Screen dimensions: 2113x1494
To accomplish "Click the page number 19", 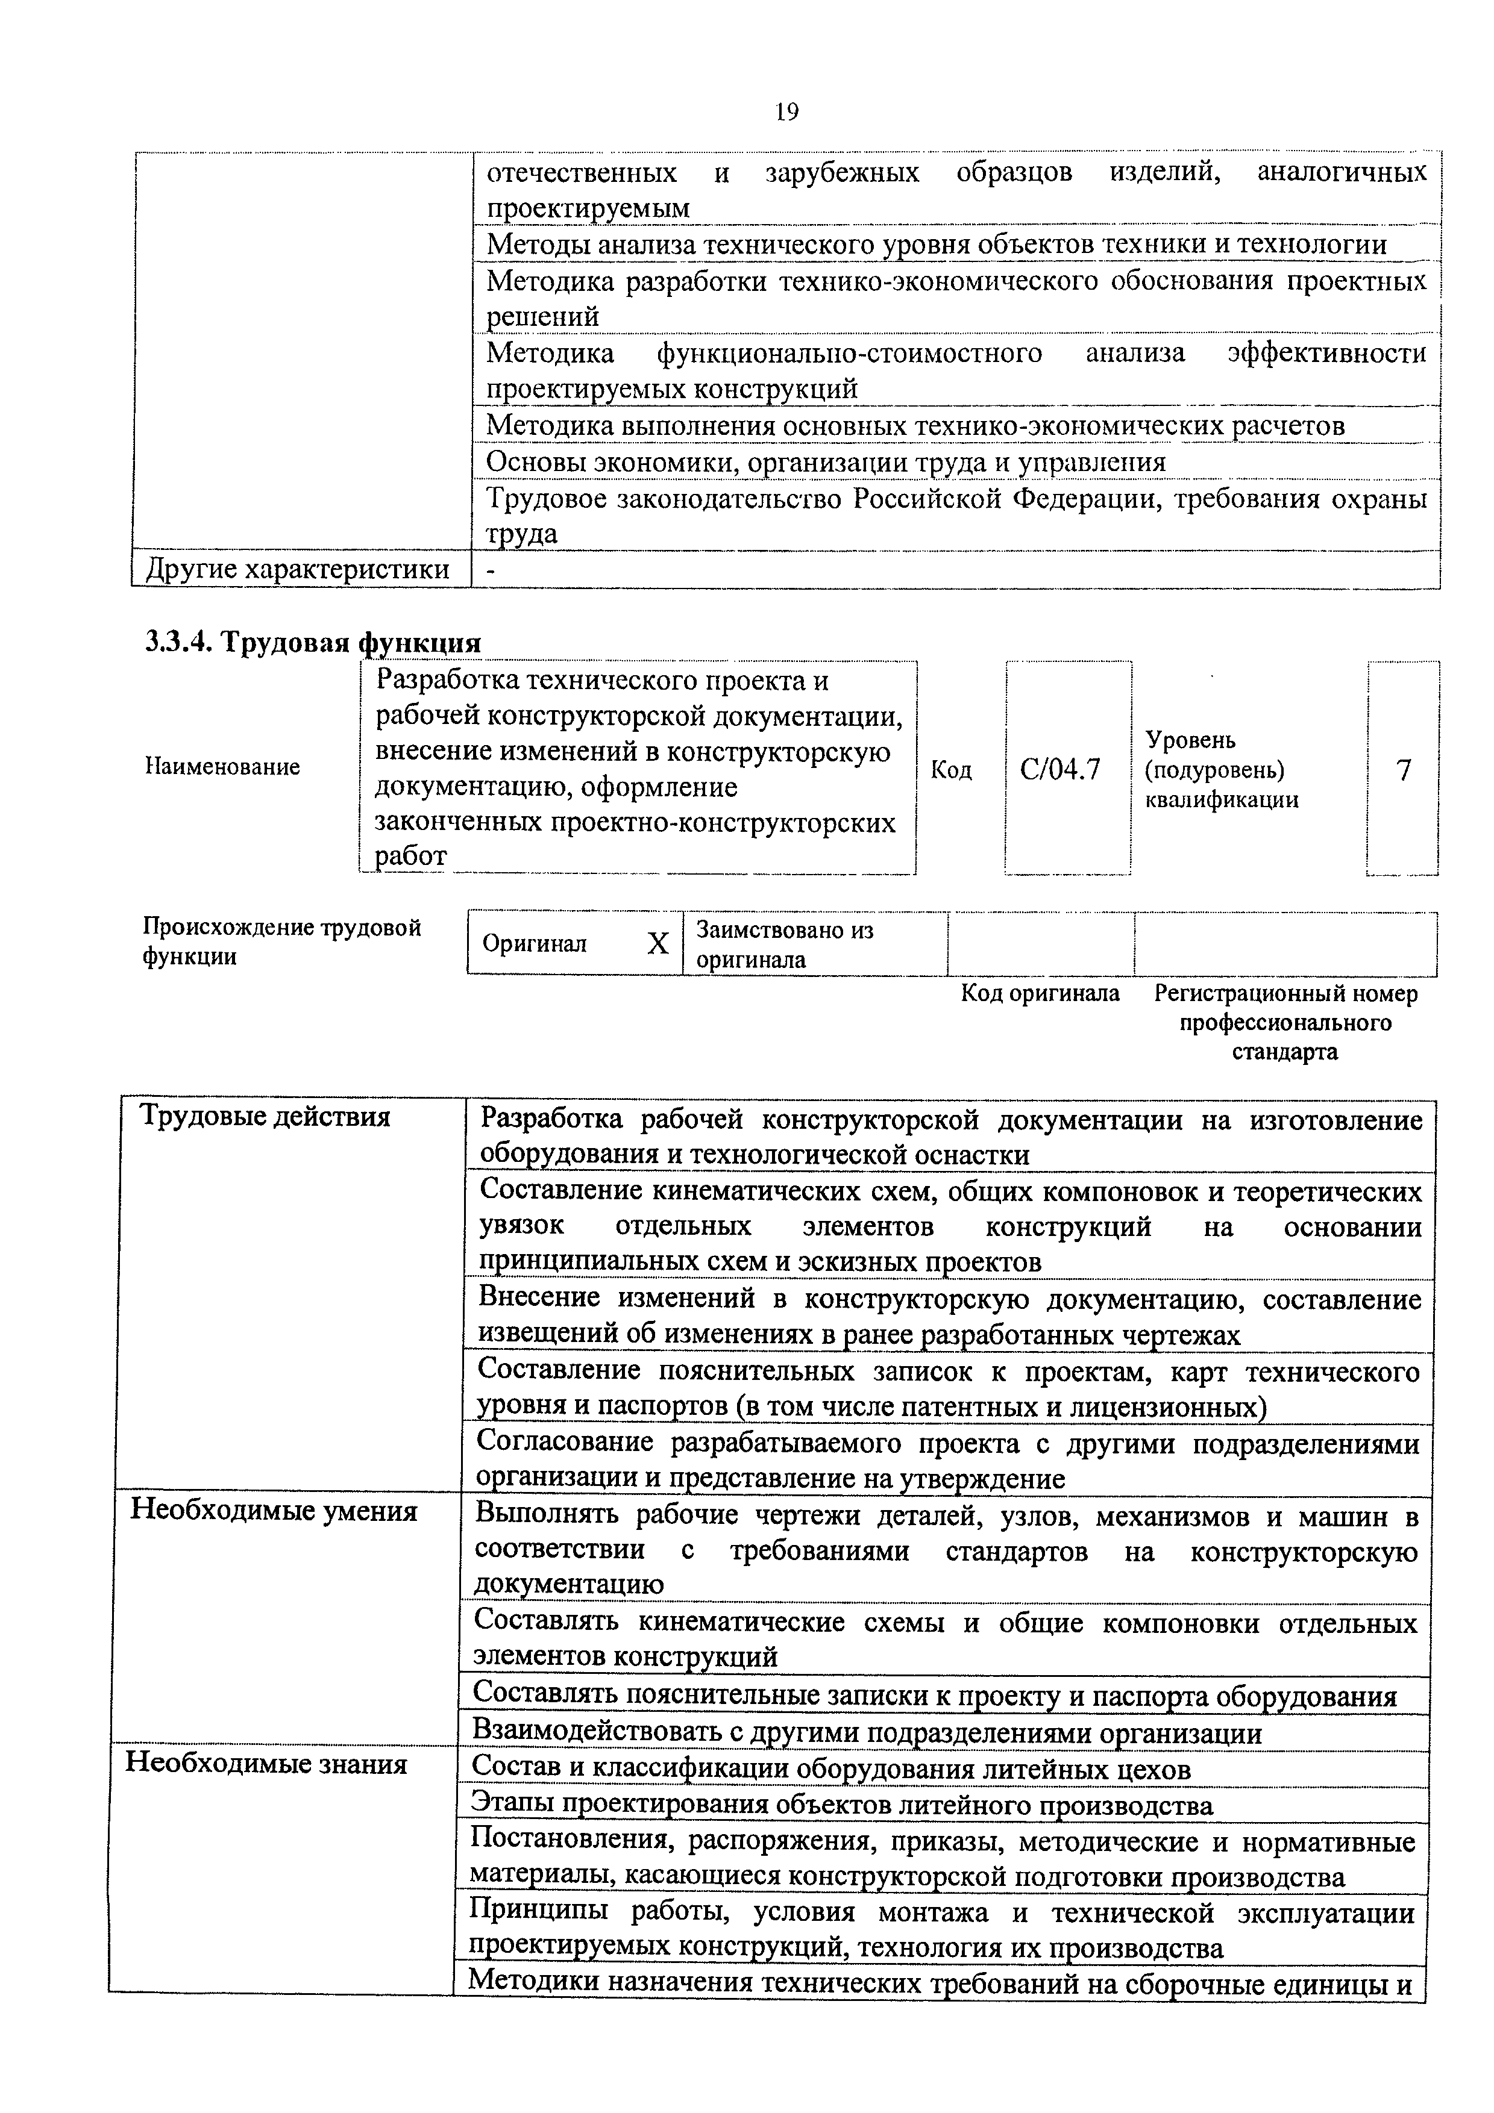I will click(786, 112).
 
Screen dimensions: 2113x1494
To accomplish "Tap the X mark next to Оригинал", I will click(658, 943).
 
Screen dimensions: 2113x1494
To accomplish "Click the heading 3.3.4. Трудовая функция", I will click(313, 642).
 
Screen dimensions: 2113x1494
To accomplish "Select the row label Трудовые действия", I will click(265, 1116).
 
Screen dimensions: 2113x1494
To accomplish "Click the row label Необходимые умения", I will click(274, 1510).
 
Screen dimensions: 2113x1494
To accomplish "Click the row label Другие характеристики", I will click(297, 570).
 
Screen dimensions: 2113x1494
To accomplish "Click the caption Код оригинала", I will click(1040, 993).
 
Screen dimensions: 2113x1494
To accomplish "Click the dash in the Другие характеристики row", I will click(491, 570).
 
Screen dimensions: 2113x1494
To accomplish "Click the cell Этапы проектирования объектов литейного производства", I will click(841, 1804).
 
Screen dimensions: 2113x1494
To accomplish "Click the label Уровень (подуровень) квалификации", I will click(1222, 769).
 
